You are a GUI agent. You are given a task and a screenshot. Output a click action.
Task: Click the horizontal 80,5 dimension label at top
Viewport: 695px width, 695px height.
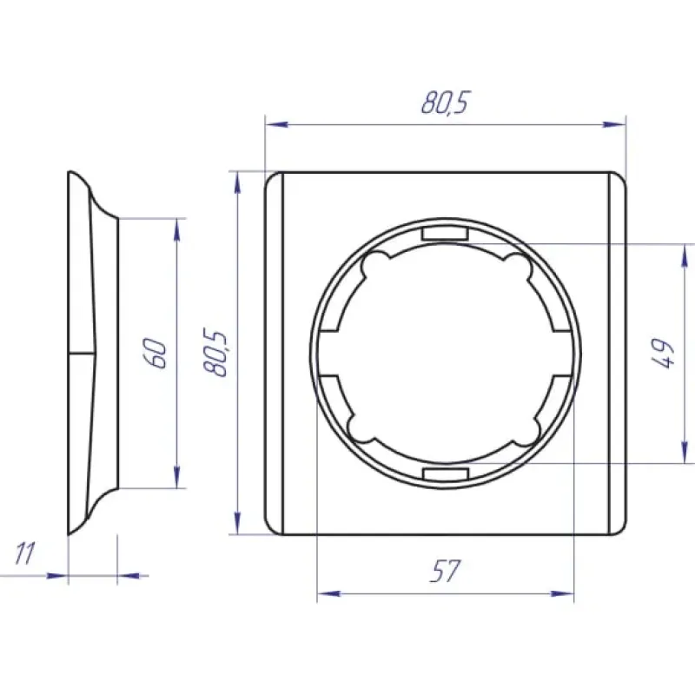[445, 103]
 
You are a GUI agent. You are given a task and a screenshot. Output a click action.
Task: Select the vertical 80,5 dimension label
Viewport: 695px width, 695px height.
[215, 353]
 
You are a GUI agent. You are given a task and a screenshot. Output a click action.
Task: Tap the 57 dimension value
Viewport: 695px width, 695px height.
[445, 571]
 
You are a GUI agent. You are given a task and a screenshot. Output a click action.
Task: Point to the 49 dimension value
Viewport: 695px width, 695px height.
[664, 354]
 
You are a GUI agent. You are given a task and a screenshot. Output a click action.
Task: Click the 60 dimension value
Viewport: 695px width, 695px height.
[156, 354]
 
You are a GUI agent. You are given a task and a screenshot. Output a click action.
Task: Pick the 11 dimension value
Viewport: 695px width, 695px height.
[25, 553]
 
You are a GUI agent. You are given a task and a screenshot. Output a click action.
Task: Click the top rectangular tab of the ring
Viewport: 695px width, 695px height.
[445, 234]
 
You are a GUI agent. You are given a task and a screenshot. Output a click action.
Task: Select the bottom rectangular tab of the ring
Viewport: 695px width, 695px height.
[446, 473]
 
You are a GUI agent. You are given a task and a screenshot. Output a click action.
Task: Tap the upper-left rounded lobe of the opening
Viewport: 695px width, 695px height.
[375, 266]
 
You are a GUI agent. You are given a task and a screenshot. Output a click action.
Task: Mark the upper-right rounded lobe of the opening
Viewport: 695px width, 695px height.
[517, 266]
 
